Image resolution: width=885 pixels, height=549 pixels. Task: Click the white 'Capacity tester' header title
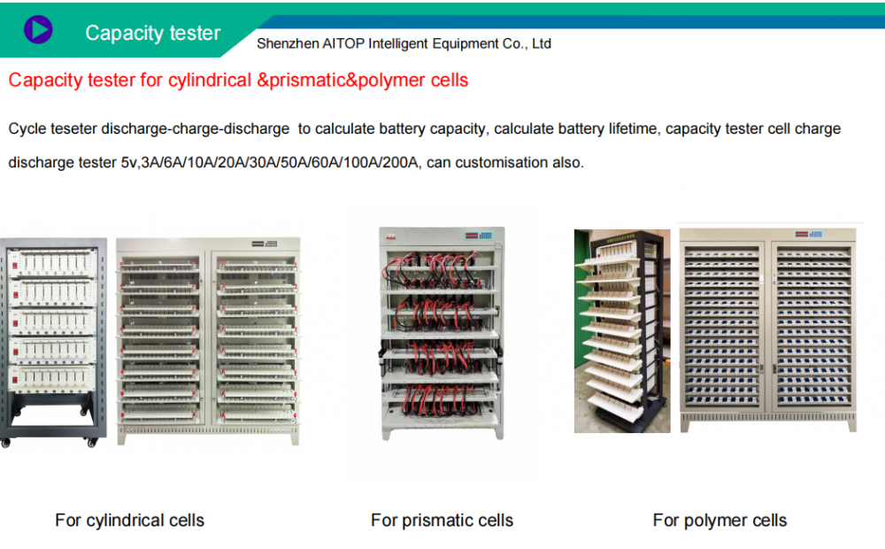(152, 33)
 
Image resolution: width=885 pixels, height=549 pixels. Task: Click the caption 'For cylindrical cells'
(129, 520)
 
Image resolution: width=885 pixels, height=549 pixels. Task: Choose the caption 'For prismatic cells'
(442, 520)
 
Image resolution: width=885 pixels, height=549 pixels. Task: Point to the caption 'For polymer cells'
(720, 520)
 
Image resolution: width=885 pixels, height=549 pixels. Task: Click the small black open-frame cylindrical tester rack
(52, 341)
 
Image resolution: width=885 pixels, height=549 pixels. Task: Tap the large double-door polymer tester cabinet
(768, 328)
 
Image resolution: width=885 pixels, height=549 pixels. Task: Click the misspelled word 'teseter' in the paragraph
(70, 129)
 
